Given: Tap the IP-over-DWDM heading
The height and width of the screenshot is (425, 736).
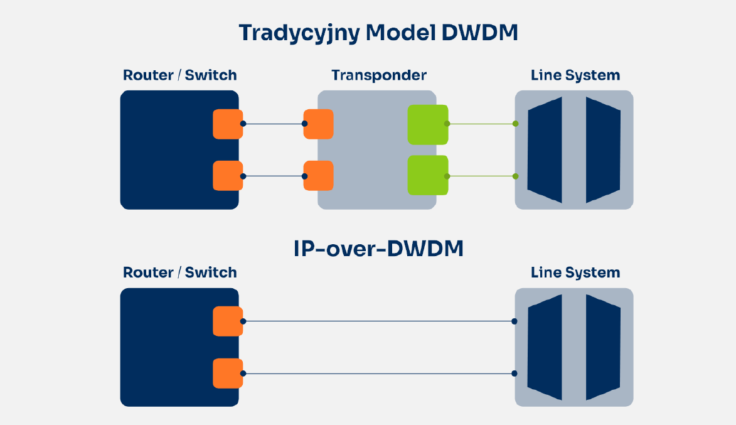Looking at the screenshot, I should (x=378, y=249).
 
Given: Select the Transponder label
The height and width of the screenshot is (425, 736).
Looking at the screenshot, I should (x=379, y=76).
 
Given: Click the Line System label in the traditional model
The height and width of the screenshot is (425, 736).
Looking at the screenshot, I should (x=575, y=76).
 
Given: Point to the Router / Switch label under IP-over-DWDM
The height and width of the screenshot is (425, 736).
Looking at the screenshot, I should (x=180, y=273).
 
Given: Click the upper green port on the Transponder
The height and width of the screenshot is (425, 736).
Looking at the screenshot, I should (x=427, y=124).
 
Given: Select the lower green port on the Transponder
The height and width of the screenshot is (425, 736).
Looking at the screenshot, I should (x=427, y=176).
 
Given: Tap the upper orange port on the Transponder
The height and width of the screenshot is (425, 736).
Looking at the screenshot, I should (x=318, y=124).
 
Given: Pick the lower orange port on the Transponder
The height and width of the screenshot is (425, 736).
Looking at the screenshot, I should (x=318, y=176).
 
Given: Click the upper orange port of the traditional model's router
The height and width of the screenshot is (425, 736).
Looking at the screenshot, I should (x=227, y=124).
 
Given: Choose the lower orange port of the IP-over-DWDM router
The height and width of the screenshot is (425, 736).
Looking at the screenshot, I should (x=227, y=374).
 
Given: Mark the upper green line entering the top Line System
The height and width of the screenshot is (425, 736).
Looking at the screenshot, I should (x=481, y=124).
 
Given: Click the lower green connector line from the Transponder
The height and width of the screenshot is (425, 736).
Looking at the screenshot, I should (x=481, y=176).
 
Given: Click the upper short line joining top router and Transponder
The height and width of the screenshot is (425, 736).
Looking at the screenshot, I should (x=274, y=124).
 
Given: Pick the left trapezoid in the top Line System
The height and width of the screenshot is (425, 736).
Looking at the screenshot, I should (x=545, y=150).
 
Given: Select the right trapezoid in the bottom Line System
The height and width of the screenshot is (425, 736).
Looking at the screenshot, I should (x=603, y=347).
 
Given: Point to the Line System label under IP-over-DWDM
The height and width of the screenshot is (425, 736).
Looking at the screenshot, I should (x=575, y=273).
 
